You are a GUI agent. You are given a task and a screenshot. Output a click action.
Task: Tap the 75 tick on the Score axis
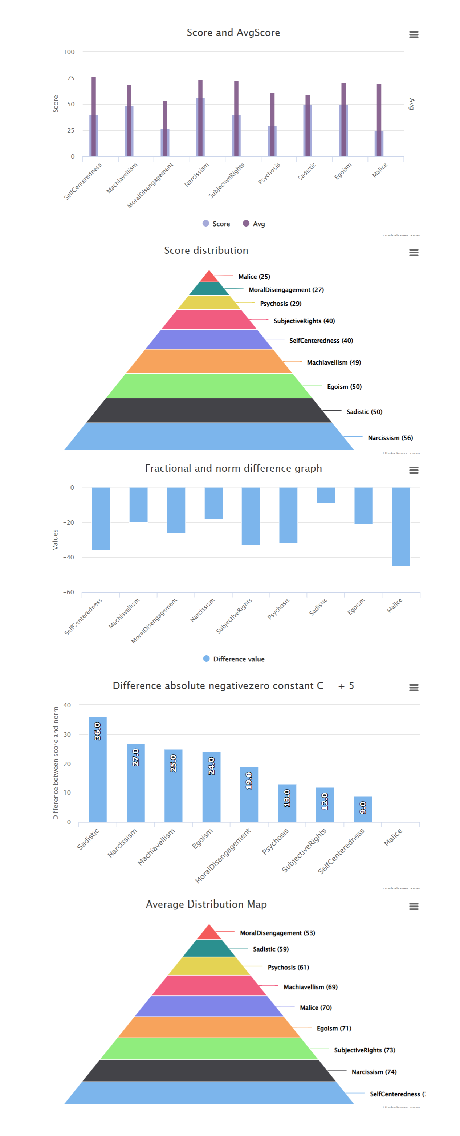point(70,78)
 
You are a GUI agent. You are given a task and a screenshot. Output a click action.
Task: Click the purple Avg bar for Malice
point(378,119)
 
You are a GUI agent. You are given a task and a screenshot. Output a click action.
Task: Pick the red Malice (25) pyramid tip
point(209,277)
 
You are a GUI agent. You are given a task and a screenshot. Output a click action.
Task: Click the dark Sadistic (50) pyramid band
point(209,410)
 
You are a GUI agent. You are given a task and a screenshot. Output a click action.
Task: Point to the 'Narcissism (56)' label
point(390,437)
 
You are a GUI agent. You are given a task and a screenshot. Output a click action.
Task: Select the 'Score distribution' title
point(206,250)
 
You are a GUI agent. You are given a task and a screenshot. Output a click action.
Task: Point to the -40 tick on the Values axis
point(69,557)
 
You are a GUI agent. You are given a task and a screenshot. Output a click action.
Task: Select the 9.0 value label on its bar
point(363,808)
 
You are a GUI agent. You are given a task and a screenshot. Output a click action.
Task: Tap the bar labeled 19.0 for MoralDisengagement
point(249,794)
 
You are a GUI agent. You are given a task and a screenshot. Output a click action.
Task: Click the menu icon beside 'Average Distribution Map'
point(413,906)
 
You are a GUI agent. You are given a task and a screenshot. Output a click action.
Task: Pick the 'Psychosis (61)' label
point(288,967)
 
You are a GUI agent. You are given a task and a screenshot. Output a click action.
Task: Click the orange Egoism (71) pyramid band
point(209,1027)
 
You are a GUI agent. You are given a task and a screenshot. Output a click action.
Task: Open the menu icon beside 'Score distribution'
point(413,252)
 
